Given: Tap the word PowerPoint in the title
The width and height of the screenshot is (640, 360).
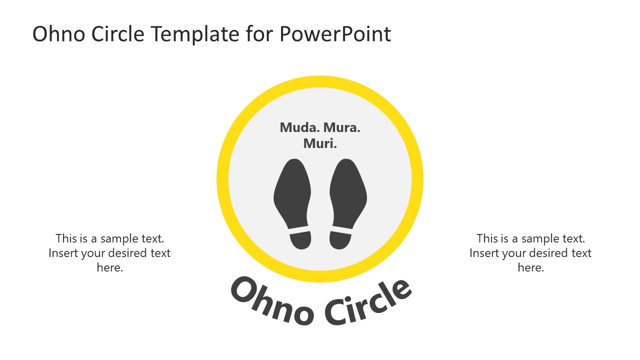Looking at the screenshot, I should tap(335, 34).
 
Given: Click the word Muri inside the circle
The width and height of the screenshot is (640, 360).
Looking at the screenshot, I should tap(320, 143).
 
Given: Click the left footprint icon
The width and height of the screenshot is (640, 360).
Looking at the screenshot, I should tap(293, 195).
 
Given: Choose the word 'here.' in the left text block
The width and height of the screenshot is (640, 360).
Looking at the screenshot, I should tap(110, 268).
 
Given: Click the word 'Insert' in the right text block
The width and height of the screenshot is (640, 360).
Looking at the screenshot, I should tap(484, 253).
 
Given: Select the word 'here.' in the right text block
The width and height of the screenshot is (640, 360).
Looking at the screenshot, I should tap(531, 268).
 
